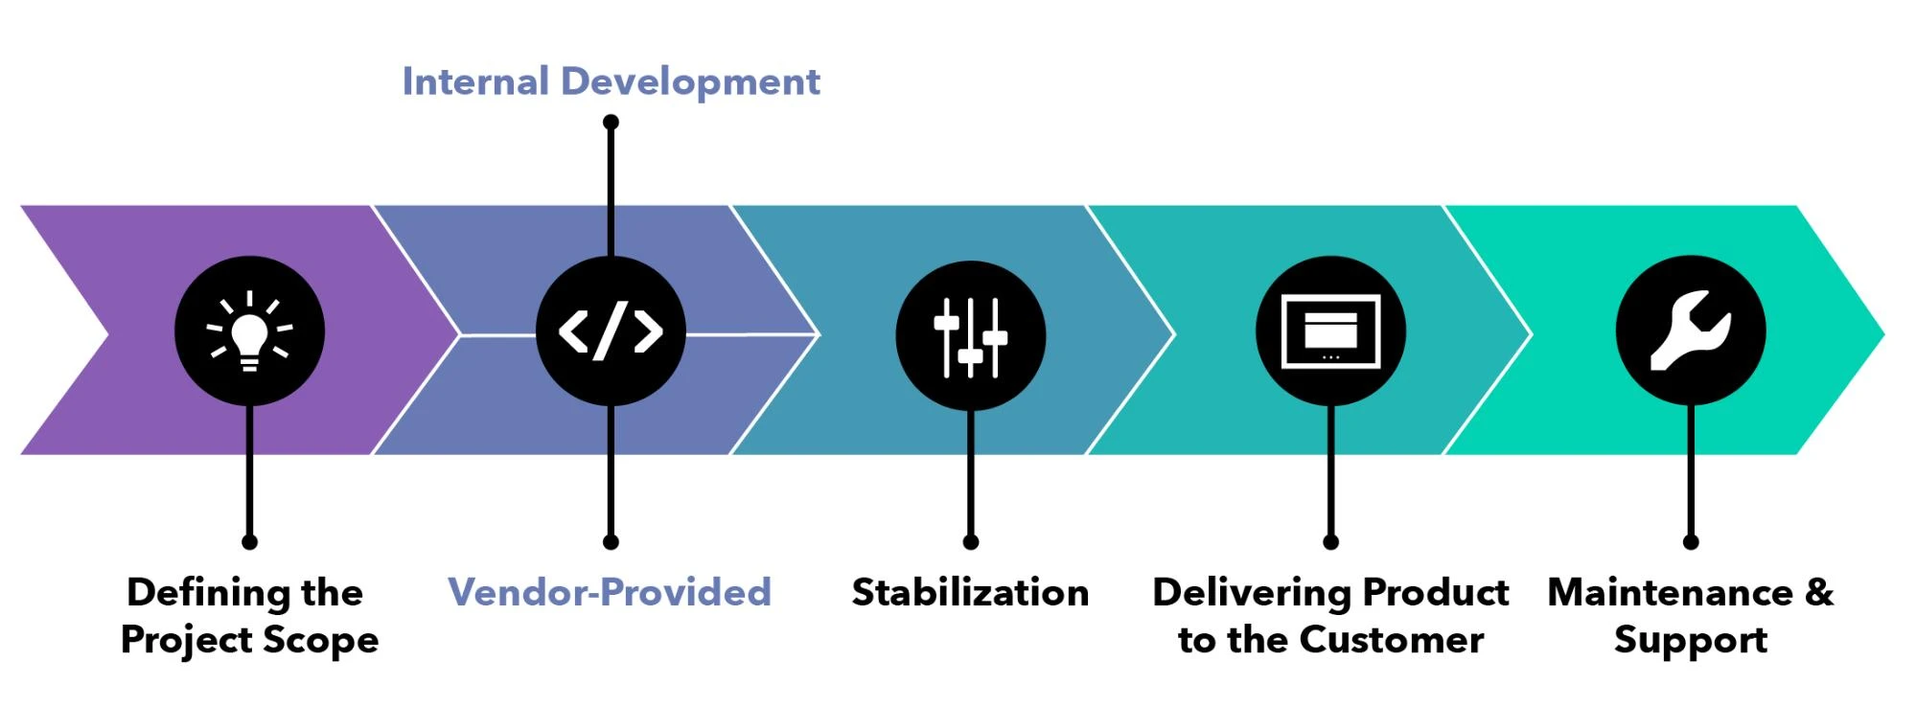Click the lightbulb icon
coord(249,331)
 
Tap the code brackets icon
coord(611,331)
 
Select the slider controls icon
coord(971,336)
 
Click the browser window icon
coord(1330,331)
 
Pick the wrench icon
coord(1691,331)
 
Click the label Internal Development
coord(611,81)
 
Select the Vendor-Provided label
coord(610,592)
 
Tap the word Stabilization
coord(970,592)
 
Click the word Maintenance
coord(1670,592)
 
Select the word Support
coord(1691,640)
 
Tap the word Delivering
coord(1251,592)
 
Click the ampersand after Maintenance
coord(1818,592)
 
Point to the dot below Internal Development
coord(611,122)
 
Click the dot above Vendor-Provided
coord(611,542)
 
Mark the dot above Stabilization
coord(971,542)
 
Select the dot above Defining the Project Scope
coord(249,542)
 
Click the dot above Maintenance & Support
coord(1691,542)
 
